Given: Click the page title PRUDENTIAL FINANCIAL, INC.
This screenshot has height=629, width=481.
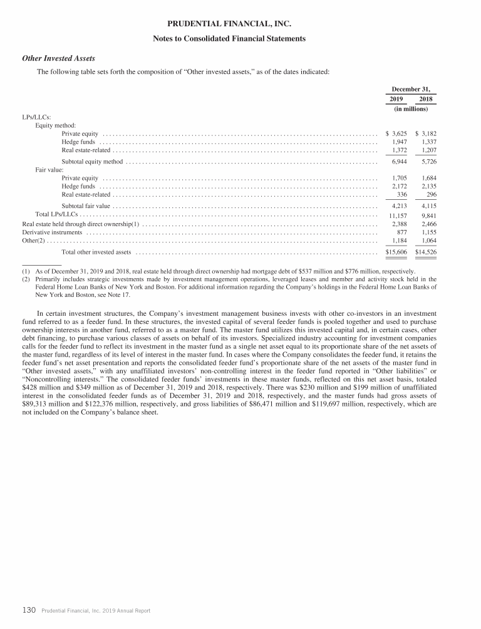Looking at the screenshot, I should (x=240, y=24).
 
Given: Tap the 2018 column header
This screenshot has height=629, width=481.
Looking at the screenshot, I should (x=425, y=99).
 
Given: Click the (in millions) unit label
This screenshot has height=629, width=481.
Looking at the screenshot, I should (x=411, y=109).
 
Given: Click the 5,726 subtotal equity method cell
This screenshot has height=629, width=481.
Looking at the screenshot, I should (x=427, y=162).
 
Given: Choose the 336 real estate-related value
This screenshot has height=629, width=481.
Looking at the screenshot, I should (x=402, y=194).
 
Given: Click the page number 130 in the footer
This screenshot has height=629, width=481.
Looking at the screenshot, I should (x=29, y=610).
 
